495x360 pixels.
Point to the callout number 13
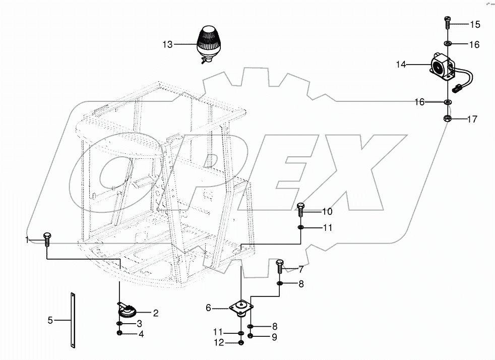[167, 45]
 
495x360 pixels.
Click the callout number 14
[401, 65]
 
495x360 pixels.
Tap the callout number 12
[219, 343]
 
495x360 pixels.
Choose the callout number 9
[274, 336]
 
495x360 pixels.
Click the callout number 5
[50, 320]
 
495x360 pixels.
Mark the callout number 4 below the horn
[141, 334]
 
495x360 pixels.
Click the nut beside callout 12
[241, 343]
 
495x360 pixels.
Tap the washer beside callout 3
[118, 324]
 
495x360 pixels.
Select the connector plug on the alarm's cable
[458, 89]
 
